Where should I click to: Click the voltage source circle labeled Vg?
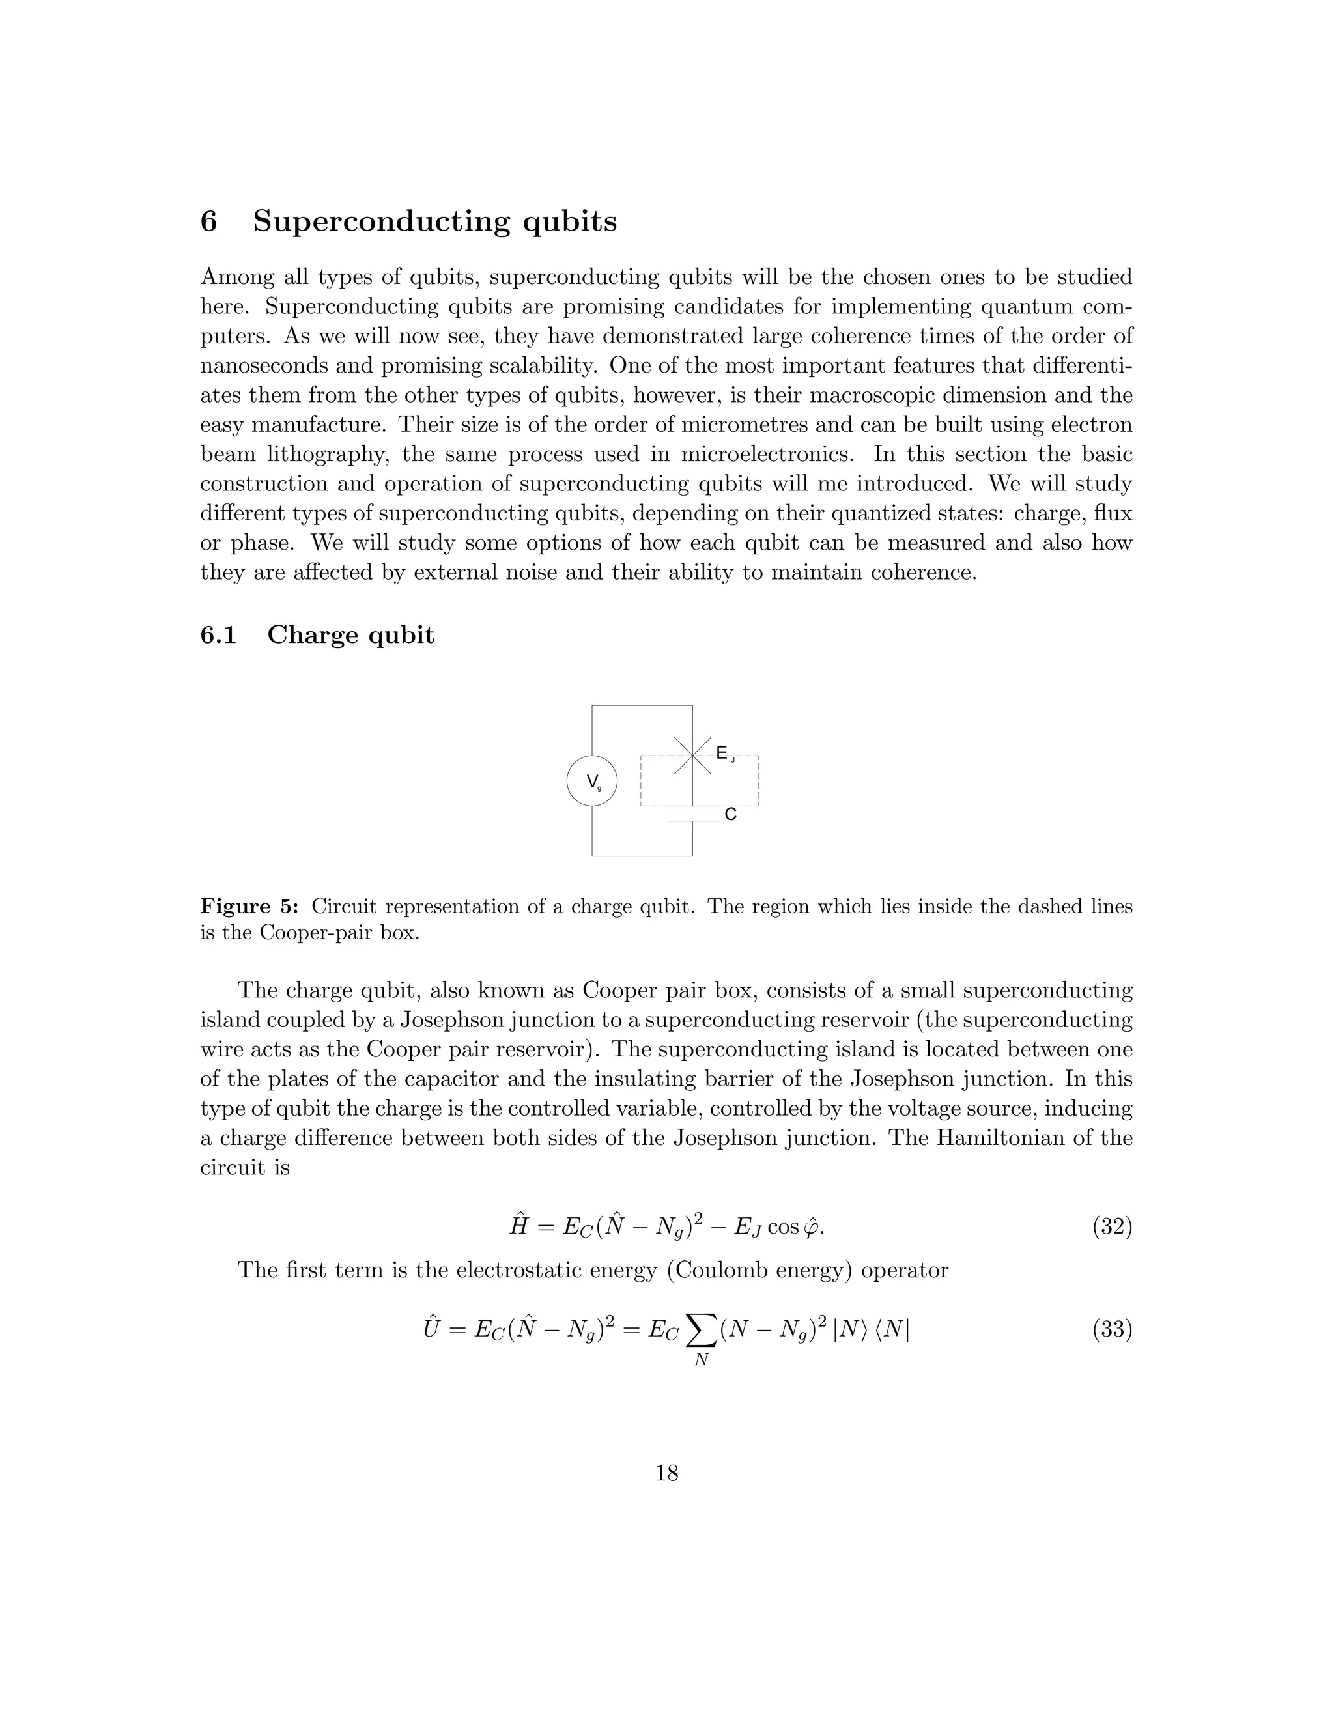[592, 781]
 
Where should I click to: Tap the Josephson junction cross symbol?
[692, 756]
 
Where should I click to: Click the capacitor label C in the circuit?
[730, 814]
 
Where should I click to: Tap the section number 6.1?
[218, 634]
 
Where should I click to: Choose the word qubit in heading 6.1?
[401, 634]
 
